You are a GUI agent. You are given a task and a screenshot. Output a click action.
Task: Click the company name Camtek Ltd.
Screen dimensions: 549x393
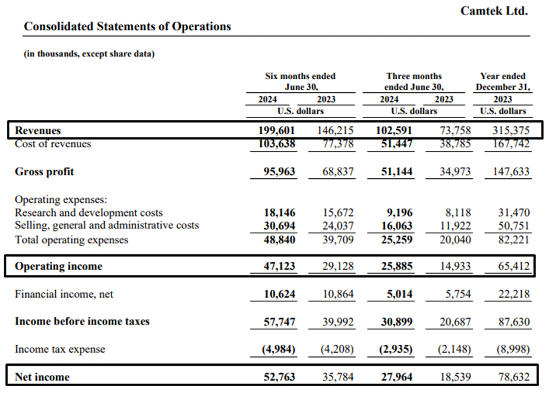click(x=494, y=11)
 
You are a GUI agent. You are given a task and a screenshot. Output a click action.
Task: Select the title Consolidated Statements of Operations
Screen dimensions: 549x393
click(x=128, y=26)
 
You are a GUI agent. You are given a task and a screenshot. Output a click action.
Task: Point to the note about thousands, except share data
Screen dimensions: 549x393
click(x=89, y=54)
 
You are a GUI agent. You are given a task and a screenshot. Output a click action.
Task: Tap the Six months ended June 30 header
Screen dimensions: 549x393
click(x=301, y=81)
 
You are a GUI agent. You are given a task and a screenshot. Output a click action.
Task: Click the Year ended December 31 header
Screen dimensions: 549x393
click(x=503, y=81)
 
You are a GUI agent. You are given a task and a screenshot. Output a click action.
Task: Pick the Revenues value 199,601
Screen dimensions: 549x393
click(x=276, y=131)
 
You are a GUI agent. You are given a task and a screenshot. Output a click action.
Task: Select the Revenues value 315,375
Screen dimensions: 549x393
click(x=511, y=131)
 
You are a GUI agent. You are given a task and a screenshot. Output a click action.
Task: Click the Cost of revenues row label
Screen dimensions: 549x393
click(x=53, y=144)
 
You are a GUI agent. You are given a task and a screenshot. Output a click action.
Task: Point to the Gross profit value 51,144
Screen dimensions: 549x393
click(x=397, y=171)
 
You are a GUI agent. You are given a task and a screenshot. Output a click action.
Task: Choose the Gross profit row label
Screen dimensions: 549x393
click(x=45, y=171)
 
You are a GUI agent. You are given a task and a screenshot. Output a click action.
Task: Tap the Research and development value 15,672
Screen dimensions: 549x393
click(x=338, y=212)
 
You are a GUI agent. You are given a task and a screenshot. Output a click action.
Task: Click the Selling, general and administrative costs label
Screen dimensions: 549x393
click(x=107, y=225)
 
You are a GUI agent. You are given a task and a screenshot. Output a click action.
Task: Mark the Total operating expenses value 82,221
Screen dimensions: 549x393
click(x=514, y=240)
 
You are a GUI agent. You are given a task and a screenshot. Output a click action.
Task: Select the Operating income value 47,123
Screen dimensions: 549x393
click(x=279, y=266)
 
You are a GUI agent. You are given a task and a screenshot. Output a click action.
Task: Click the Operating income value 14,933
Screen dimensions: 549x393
click(x=455, y=266)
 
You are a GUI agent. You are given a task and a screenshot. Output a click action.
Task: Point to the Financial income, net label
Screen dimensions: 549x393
click(x=64, y=294)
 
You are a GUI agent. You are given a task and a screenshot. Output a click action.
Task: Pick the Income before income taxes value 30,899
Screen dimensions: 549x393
click(x=397, y=322)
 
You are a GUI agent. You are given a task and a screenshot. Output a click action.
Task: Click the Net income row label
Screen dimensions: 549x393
click(x=42, y=377)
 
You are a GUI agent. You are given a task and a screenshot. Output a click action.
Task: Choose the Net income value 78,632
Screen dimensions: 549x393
click(x=514, y=377)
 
